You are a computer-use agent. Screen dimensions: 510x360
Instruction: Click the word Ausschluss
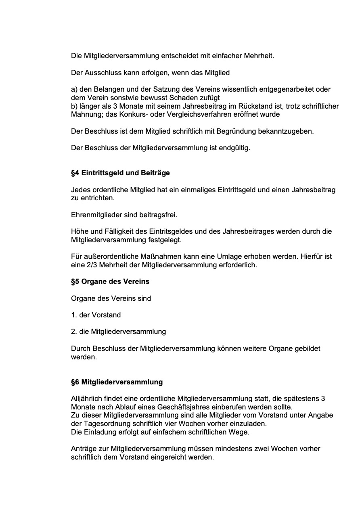point(100,73)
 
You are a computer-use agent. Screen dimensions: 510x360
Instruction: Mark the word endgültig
point(235,148)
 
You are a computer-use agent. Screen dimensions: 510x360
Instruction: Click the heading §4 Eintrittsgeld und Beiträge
point(120,173)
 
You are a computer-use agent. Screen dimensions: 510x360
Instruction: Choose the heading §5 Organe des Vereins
point(110,281)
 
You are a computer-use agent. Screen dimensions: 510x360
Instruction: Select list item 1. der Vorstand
point(96,315)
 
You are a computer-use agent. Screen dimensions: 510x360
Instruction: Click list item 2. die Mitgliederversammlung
point(118,332)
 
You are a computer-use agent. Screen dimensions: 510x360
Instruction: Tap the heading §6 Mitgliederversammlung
point(117,382)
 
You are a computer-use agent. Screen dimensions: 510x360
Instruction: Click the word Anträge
point(84,449)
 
